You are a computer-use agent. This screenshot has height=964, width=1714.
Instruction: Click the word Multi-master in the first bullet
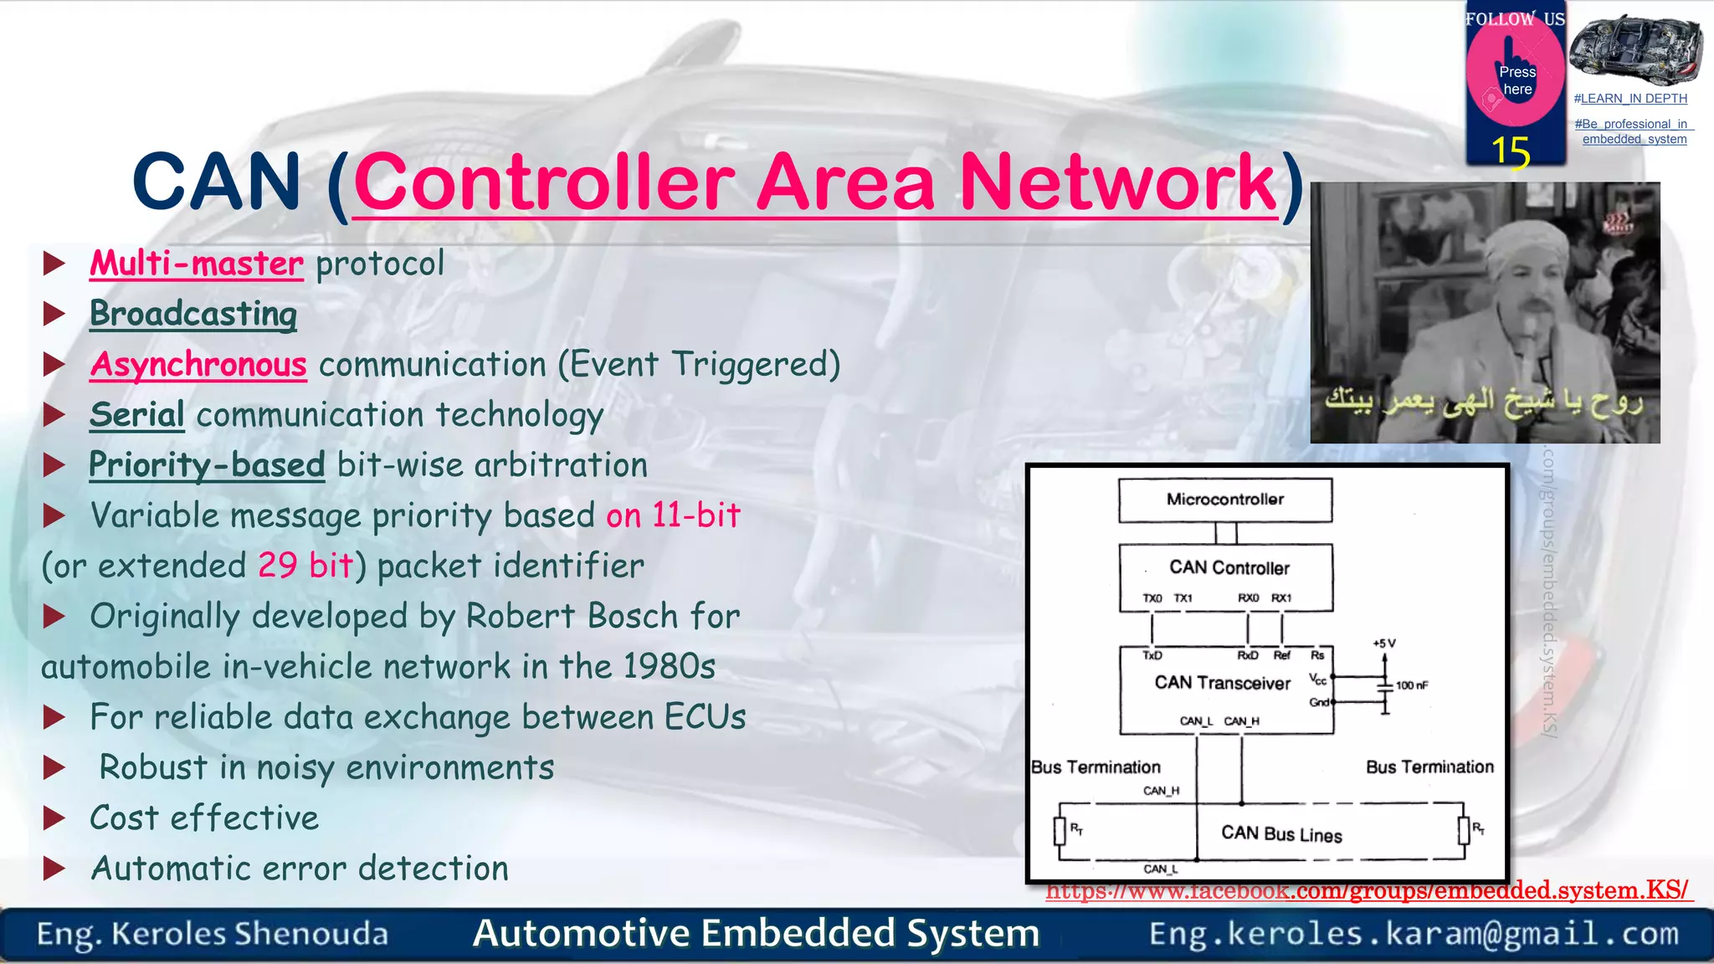pos(196,264)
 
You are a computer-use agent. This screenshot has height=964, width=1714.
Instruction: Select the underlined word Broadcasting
pos(193,314)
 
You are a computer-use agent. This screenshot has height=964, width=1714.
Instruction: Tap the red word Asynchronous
pos(198,365)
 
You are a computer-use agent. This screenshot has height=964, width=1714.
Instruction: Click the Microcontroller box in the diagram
pos(1224,500)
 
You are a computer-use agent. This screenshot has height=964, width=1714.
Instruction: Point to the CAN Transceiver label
pos(1222,683)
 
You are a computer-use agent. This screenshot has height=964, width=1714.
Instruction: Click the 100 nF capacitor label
pos(1412,685)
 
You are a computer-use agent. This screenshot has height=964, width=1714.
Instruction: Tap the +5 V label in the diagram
pos(1384,644)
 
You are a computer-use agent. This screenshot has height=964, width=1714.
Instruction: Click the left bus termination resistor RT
pos(1060,830)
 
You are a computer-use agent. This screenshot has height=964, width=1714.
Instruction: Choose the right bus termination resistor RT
pos(1464,830)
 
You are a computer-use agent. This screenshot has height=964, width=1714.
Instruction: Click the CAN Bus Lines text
pos(1281,833)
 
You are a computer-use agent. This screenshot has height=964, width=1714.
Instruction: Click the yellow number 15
pos(1511,152)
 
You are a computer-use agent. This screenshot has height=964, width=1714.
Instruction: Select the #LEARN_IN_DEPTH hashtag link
pos(1630,99)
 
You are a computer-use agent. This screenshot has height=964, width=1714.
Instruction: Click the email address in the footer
pos(1414,933)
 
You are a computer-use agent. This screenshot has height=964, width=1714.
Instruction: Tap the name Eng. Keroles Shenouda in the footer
pos(213,934)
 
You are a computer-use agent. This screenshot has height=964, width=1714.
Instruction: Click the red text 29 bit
pos(305,567)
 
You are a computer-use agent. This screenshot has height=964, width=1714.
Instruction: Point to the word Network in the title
pos(1118,182)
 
